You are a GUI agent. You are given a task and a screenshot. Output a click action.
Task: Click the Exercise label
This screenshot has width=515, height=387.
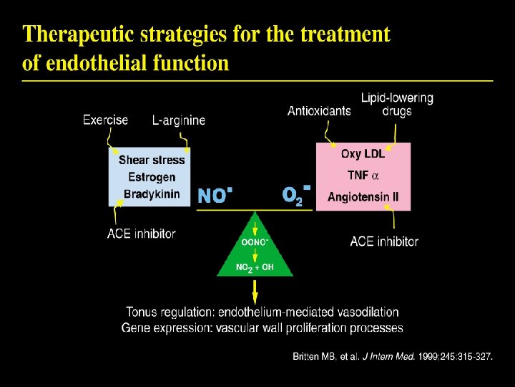click(105, 120)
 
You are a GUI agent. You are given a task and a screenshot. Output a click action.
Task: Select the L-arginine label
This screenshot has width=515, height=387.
click(178, 120)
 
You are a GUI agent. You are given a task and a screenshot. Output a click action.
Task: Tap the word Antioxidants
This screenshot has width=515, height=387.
click(319, 110)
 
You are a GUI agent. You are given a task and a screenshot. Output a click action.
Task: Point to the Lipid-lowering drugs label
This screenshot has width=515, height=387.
click(396, 105)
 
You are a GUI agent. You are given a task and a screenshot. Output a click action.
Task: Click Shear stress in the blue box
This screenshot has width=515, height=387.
click(152, 160)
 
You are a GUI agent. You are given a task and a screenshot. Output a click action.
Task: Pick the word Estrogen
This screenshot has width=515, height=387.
click(152, 177)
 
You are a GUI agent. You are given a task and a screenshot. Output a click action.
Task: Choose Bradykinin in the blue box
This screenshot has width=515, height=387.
click(152, 193)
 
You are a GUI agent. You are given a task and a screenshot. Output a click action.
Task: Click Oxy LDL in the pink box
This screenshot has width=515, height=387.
click(363, 154)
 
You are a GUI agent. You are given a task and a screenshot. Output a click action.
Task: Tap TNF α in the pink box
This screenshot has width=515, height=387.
click(363, 176)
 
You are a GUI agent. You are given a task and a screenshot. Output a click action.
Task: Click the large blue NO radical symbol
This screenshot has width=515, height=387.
click(215, 195)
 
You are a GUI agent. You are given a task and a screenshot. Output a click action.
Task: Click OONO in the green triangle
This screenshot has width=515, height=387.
click(255, 242)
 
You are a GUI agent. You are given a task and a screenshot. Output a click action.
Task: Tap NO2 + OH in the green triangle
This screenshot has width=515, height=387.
click(255, 267)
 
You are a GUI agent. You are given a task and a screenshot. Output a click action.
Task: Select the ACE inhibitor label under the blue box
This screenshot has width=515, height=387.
click(141, 234)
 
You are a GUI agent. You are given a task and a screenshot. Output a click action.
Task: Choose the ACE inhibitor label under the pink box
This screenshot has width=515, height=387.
click(384, 242)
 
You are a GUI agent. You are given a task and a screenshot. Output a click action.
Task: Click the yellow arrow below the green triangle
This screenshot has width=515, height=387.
click(255, 291)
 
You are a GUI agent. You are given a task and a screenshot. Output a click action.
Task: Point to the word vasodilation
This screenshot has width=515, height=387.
click(363, 312)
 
